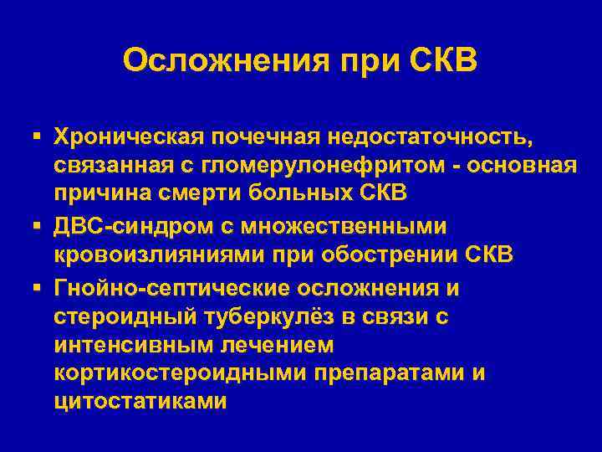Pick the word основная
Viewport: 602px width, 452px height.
point(518,165)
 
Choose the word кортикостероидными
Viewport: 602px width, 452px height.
point(180,374)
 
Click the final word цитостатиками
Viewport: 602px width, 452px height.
point(140,403)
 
